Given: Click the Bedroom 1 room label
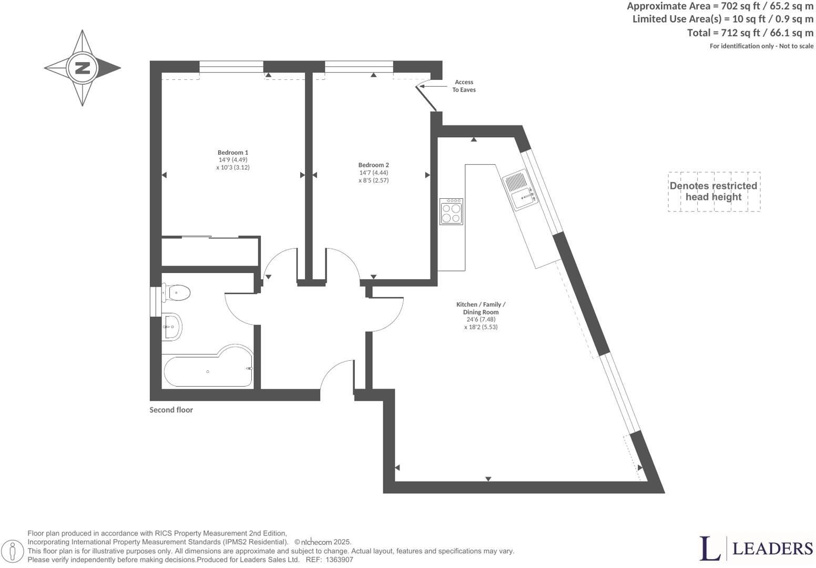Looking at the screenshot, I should coord(232,153).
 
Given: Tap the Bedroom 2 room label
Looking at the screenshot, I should coord(373,165).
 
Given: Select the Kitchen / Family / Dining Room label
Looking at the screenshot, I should coord(481,308).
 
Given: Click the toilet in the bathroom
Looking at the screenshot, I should coord(176,292).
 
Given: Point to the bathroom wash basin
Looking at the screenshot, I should coord(171,327).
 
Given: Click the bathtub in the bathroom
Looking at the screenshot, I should coord(208,370).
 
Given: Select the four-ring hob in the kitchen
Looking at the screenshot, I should coord(451,211).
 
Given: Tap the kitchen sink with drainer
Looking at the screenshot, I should coord(520,191).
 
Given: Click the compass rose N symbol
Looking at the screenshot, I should coord(83,68).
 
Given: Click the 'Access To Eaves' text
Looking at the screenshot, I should coord(464,86).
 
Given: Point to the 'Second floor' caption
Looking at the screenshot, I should coord(171,410).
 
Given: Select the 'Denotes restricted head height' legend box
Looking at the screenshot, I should coord(713,191).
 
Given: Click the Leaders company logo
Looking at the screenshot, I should coord(756,549).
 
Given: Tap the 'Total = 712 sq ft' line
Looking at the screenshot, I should coord(750,33).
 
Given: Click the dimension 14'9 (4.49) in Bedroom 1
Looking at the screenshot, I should coord(232,160).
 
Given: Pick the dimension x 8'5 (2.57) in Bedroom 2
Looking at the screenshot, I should coord(373,180).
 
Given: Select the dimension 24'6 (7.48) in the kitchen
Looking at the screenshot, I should coord(481,319).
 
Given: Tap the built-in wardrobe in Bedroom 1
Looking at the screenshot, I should coord(210,252).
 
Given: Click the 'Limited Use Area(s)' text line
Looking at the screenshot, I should coord(722,19).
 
